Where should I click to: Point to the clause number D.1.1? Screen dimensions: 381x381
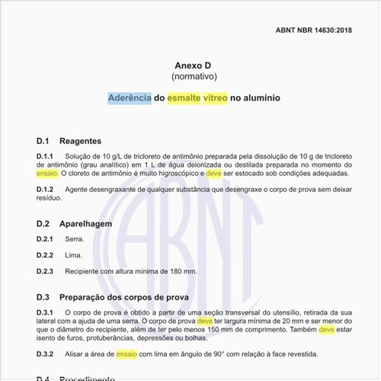point(47,155)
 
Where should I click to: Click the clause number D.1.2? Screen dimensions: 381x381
point(47,188)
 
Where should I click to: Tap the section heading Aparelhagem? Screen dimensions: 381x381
point(85,224)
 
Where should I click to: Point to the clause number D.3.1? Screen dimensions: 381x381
point(47,312)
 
